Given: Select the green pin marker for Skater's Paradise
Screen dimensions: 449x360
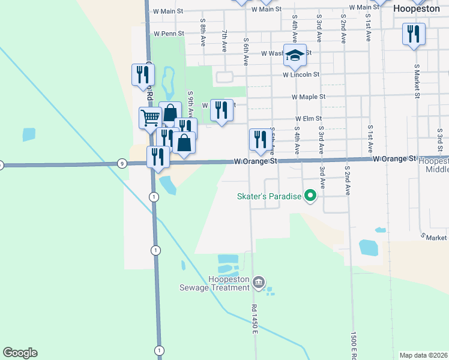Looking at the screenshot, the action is click(310, 196).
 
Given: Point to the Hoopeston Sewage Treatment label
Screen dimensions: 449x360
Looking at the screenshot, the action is click(229, 283).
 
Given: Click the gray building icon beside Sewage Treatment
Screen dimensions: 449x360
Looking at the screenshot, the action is click(259, 282).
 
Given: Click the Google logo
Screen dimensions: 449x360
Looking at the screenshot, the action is click(20, 353).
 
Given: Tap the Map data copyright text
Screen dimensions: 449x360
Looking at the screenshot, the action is click(423, 355).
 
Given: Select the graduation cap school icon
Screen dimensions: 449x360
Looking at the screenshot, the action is click(295, 55).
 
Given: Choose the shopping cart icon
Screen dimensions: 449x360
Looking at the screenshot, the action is click(150, 116).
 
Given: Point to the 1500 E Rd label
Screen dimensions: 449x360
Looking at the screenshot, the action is click(354, 343).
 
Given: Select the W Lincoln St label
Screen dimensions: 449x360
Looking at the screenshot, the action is click(301, 75).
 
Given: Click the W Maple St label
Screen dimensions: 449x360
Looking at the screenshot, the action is click(308, 97).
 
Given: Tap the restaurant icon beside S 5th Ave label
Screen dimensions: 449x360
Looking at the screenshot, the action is click(259, 139).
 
